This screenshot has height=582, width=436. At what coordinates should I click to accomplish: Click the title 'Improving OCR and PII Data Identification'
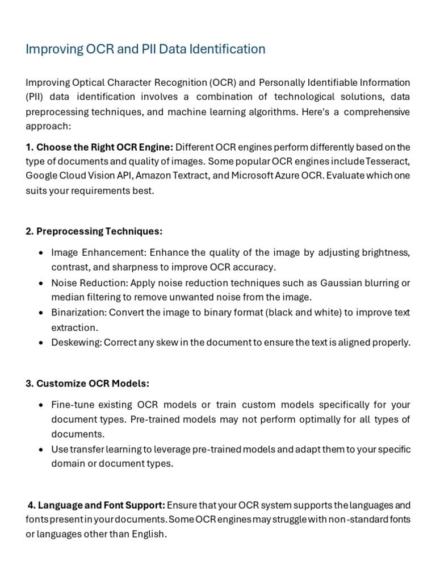(145, 49)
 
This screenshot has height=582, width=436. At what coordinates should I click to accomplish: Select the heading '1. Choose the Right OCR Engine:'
(99, 148)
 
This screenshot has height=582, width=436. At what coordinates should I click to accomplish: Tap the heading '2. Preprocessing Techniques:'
(94, 231)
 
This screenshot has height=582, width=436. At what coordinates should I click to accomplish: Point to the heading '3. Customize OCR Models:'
(87, 384)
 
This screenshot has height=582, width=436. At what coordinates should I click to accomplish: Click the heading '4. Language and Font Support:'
(97, 505)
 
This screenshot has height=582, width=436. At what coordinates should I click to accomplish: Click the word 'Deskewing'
(76, 342)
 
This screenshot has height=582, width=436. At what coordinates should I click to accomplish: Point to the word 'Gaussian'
(339, 282)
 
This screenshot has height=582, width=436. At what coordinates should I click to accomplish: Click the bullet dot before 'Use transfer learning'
(41, 450)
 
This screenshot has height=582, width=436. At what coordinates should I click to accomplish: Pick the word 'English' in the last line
(148, 534)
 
